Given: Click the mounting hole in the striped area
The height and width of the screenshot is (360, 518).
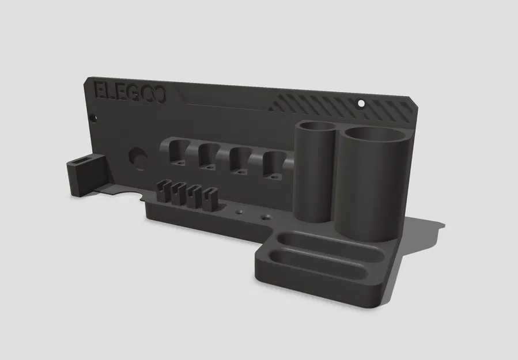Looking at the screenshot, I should tap(361, 104).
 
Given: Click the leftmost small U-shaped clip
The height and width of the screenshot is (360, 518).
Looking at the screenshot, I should tap(162, 191).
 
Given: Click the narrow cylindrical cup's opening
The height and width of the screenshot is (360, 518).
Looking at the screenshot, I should tap(316, 127).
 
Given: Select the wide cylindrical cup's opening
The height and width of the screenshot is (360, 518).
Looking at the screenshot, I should tap(375, 135).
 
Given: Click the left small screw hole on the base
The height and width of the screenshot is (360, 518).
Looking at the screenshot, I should tap(237, 213).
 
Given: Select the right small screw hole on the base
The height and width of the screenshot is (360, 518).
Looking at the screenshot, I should tap(265, 218).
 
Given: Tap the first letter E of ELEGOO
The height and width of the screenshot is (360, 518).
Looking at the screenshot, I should tap(100, 92).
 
